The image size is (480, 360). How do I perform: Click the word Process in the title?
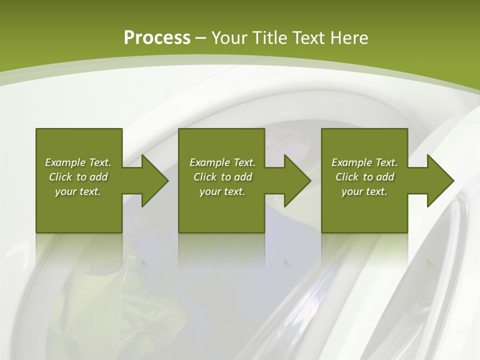(x=157, y=37)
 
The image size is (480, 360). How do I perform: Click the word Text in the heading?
(x=308, y=37)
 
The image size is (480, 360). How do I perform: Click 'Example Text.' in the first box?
(x=78, y=162)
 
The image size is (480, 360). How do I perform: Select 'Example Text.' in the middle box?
(x=222, y=162)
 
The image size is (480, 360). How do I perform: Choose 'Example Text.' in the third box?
(x=364, y=162)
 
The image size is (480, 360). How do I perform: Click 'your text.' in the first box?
(x=78, y=191)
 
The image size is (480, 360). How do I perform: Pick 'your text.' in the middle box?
(x=222, y=191)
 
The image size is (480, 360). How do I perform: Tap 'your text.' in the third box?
(x=364, y=191)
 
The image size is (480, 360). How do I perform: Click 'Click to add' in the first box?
(x=78, y=177)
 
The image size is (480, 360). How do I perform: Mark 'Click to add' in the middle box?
(x=222, y=177)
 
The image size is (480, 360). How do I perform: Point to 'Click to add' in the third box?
(x=364, y=177)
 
